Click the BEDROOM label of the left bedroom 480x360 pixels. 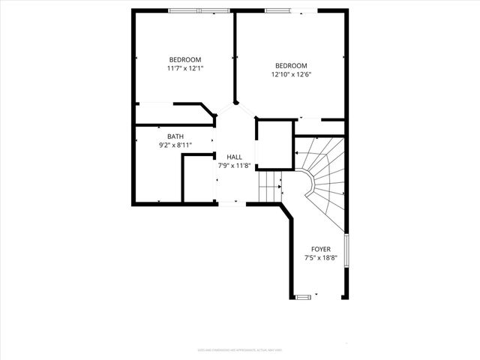pyautogui.click(x=184, y=60)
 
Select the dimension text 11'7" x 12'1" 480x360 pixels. pyautogui.click(x=184, y=68)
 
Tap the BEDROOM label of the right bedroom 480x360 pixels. pyautogui.click(x=290, y=66)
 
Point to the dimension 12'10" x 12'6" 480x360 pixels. pyautogui.click(x=290, y=74)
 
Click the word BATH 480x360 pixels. pyautogui.click(x=175, y=136)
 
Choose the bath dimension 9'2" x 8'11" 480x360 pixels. pyautogui.click(x=175, y=145)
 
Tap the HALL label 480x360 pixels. pyautogui.click(x=235, y=157)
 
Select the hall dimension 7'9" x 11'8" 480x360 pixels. pyautogui.click(x=235, y=165)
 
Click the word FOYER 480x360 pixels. pyautogui.click(x=321, y=249)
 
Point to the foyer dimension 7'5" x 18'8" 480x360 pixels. pyautogui.click(x=321, y=257)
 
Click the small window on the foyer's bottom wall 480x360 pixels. pyautogui.click(x=302, y=297)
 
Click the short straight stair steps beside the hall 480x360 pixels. pyautogui.click(x=269, y=186)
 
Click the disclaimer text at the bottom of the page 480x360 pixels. pyautogui.click(x=239, y=349)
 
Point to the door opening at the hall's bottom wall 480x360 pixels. pyautogui.click(x=229, y=202)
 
